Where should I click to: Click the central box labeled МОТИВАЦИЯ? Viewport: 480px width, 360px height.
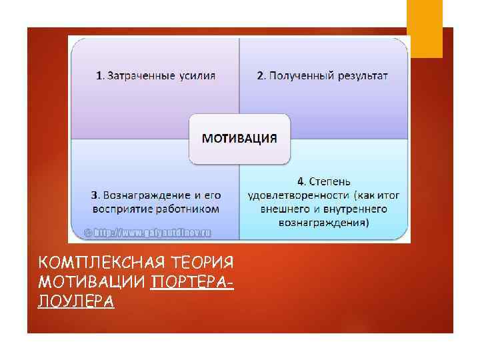239,139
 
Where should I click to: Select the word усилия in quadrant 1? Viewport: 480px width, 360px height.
197,75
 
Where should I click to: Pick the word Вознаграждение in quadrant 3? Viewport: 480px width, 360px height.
143,195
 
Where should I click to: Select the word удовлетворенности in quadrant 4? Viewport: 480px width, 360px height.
298,195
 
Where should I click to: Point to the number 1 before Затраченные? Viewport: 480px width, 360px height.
99,75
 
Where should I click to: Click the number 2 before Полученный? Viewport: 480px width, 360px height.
261,75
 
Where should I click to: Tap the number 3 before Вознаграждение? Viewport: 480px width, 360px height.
94,195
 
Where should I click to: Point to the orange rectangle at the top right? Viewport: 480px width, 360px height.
425,28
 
